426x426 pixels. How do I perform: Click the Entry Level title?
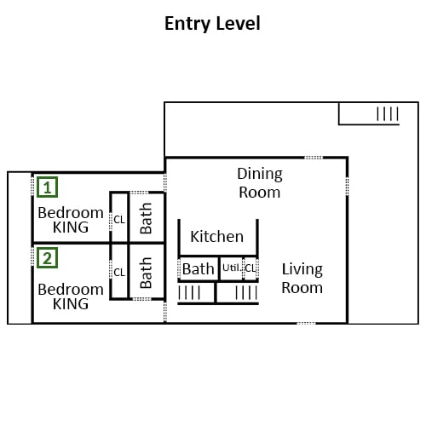coord(212,24)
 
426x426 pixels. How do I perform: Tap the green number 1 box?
coord(48,187)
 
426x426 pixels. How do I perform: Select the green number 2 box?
coord(48,258)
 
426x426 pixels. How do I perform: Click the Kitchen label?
coord(216,237)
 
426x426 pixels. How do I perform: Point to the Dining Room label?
coord(260,183)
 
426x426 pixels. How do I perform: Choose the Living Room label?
coord(302,279)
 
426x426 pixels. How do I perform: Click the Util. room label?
coord(232,268)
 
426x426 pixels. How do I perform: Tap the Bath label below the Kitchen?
coord(198,269)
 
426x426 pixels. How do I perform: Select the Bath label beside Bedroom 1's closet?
coord(146,218)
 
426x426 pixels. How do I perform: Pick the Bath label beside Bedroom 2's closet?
coord(146,273)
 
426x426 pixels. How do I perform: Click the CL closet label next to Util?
coord(250,268)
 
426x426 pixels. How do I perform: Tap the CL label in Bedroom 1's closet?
coord(119,220)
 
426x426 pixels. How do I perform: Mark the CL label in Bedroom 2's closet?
coord(119,273)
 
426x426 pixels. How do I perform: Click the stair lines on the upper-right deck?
coord(388,114)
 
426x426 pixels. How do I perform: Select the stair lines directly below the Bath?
coord(189,293)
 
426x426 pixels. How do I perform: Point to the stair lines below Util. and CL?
coord(246,293)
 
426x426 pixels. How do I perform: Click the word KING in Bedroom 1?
coord(71,227)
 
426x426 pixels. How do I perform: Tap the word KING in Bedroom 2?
coord(71,304)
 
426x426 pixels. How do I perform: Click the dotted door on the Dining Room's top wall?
coord(314,158)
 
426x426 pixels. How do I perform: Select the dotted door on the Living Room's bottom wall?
coord(307,323)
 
